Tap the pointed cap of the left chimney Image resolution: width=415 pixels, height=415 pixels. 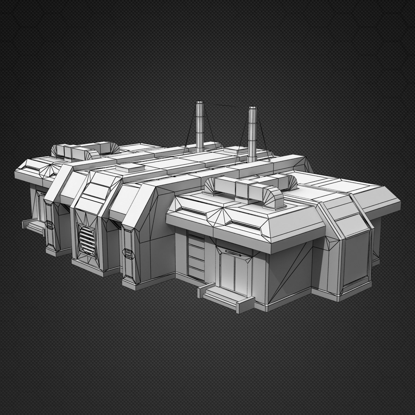click(200, 104)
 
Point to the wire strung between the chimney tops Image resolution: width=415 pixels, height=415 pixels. click(225, 105)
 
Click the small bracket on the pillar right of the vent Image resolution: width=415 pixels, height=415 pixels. click(128, 253)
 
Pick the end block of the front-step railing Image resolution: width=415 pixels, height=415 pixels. click(201, 292)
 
